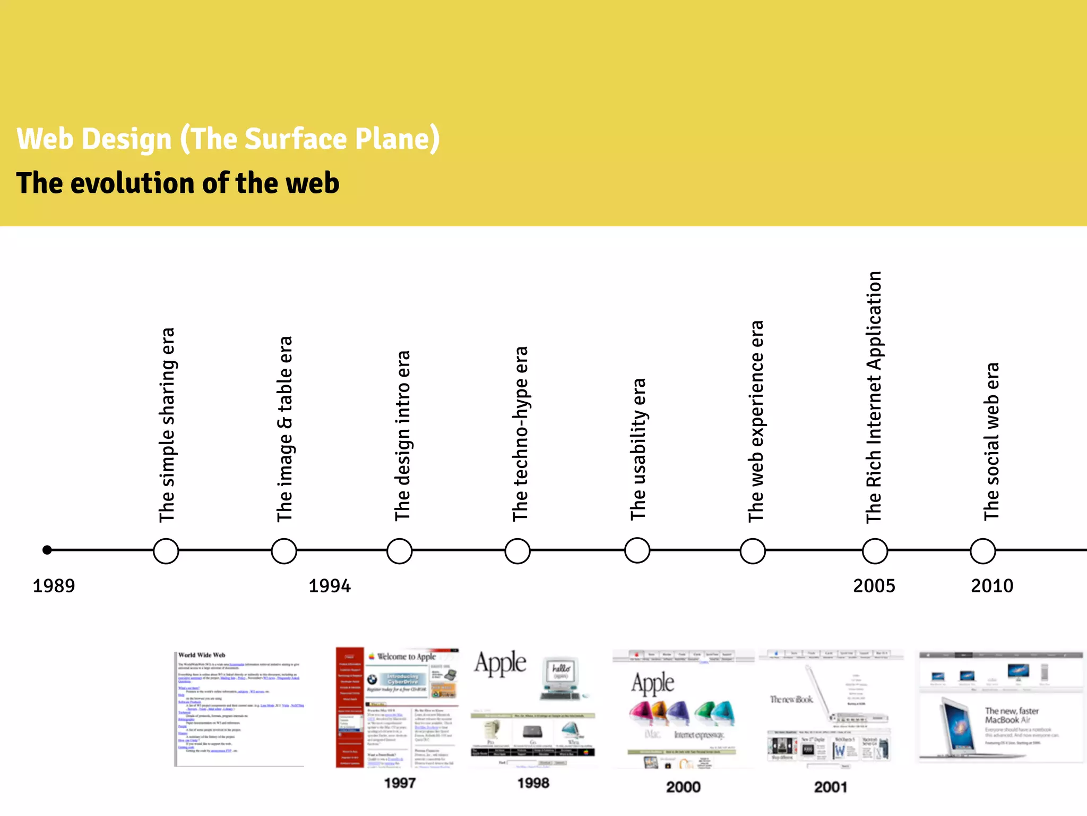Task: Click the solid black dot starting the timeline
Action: pyautogui.click(x=47, y=550)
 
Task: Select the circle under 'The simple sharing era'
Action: pyautogui.click(x=166, y=551)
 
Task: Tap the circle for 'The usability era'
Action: pyautogui.click(x=637, y=550)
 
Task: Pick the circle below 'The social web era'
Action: pyautogui.click(x=982, y=551)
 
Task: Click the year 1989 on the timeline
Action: pyautogui.click(x=54, y=586)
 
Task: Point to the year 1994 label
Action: pyautogui.click(x=330, y=586)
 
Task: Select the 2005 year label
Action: pyautogui.click(x=874, y=586)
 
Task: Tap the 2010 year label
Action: pyautogui.click(x=992, y=586)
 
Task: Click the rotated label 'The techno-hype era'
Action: pyautogui.click(x=521, y=433)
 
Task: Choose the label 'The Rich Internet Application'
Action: pyautogui.click(x=874, y=397)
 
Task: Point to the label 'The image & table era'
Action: pyautogui.click(x=285, y=429)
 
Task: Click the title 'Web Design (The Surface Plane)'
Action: pyautogui.click(x=228, y=139)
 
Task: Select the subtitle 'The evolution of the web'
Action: pyautogui.click(x=178, y=183)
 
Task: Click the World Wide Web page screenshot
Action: pyautogui.click(x=240, y=708)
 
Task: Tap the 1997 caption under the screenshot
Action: pyautogui.click(x=400, y=783)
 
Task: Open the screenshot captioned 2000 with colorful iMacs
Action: pyautogui.click(x=683, y=708)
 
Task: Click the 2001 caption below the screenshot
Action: pyautogui.click(x=831, y=787)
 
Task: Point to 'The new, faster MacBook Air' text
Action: pyautogui.click(x=1011, y=715)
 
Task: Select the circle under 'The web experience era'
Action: pyautogui.click(x=753, y=551)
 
